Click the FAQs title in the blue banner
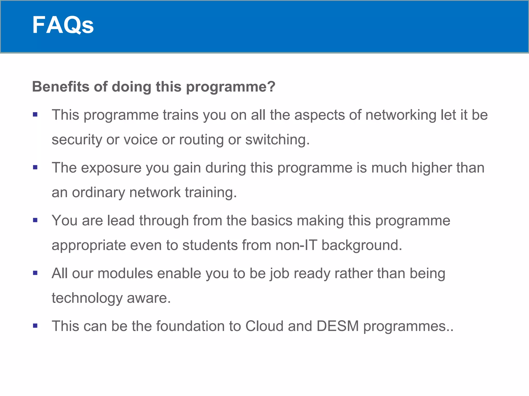click(x=63, y=25)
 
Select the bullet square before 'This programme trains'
click(x=35, y=114)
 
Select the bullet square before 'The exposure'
click(x=35, y=168)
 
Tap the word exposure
click(x=111, y=168)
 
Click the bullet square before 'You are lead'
click(x=35, y=220)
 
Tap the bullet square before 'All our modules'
click(x=35, y=273)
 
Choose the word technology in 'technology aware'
click(x=87, y=298)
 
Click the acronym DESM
click(x=338, y=326)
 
